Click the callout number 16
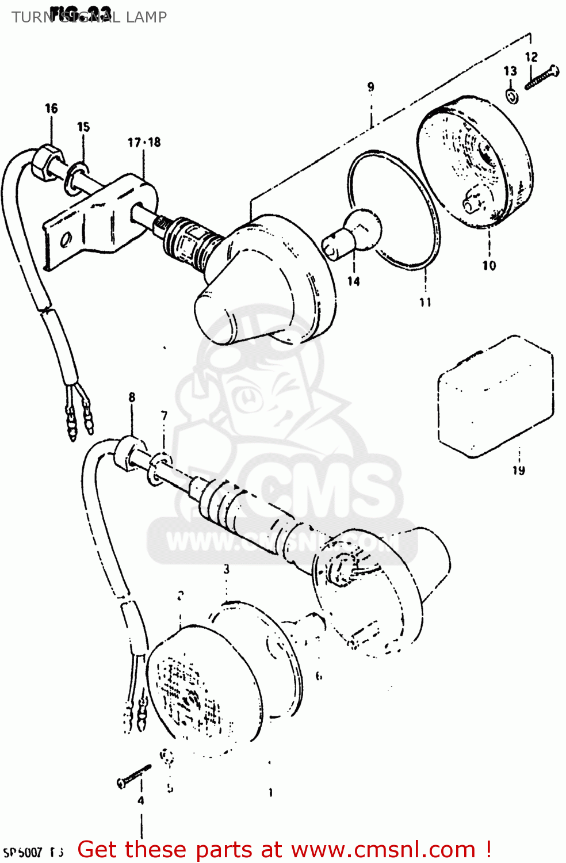tap(51, 108)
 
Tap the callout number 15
tap(83, 127)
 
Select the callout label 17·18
tap(144, 142)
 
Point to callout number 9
tap(371, 87)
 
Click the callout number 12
tap(531, 56)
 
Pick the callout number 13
tap(510, 71)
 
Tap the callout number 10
tap(489, 265)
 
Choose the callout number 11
tap(425, 302)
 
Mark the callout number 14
tap(353, 281)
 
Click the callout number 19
tap(519, 470)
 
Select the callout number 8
tap(132, 397)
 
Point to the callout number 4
tap(140, 800)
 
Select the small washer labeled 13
tap(512, 96)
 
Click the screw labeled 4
tap(133, 776)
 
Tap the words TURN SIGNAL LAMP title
tap(89, 17)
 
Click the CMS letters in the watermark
tap(322, 489)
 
